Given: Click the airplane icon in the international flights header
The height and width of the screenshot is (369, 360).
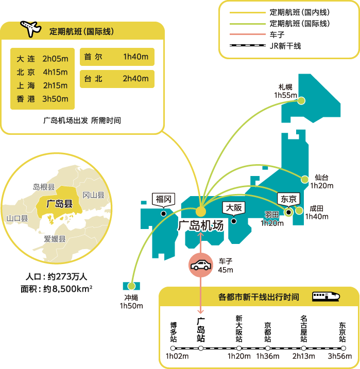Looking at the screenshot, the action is [x=30, y=29].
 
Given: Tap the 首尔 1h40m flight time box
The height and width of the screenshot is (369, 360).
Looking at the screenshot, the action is [x=117, y=57].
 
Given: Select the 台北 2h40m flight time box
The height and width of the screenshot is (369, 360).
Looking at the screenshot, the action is [x=117, y=79].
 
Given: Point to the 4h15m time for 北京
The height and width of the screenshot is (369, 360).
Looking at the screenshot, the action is [x=55, y=72].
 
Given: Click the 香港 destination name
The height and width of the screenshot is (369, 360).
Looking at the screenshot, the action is [x=26, y=99].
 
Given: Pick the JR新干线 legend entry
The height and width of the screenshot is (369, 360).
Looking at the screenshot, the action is [x=265, y=46].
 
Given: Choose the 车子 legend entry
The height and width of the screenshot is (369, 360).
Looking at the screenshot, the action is [x=257, y=34].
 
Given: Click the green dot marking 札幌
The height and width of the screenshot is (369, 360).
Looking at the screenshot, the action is [x=301, y=101].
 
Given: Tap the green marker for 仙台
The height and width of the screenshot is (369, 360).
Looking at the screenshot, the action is [x=305, y=179].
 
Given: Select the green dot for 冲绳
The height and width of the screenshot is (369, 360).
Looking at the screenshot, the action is [x=131, y=286].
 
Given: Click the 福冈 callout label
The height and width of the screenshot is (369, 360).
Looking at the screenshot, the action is [x=164, y=200].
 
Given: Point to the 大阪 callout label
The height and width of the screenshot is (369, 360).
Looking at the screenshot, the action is [x=234, y=208].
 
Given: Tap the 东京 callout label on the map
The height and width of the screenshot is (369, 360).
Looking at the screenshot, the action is [x=288, y=199].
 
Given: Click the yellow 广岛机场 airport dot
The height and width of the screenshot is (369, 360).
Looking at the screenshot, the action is [x=201, y=212].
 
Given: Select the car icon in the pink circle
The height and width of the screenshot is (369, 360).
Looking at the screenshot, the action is [x=201, y=265].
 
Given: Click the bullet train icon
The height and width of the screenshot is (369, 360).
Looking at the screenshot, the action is [x=326, y=296].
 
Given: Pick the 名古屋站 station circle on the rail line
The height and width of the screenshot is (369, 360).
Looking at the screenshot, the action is [x=304, y=348].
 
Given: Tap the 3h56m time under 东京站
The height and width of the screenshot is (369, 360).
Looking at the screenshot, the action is [x=340, y=356].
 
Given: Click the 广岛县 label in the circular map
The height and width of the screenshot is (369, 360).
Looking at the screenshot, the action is [x=59, y=204].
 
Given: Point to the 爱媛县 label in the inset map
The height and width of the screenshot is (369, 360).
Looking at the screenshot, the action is [x=55, y=239].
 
